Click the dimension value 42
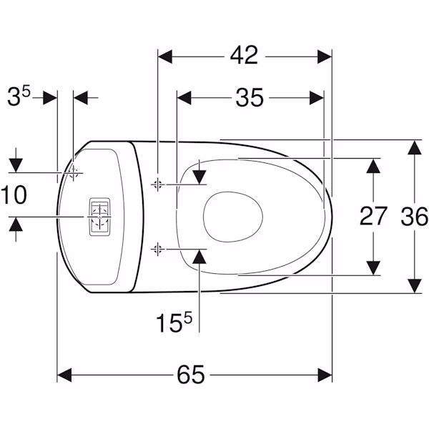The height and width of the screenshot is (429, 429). (244, 56)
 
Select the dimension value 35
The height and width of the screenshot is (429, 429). (250, 97)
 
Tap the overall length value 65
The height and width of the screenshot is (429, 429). (191, 375)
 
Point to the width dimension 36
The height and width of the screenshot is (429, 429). (415, 216)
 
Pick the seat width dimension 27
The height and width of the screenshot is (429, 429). (373, 216)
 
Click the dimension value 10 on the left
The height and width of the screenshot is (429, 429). (14, 194)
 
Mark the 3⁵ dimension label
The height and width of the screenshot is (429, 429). (19, 96)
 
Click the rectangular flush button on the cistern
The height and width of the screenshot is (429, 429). (100, 217)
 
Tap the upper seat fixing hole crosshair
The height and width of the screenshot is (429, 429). (157, 184)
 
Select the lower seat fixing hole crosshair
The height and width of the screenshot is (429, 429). (157, 250)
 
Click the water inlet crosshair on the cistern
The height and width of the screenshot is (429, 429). (73, 173)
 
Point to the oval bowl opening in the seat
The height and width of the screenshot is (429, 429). (233, 217)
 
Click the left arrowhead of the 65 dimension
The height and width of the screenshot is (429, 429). (64, 375)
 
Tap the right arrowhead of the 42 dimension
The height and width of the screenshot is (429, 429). (325, 56)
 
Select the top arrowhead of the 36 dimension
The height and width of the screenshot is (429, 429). (415, 147)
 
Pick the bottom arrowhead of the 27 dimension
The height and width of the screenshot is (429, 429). (373, 268)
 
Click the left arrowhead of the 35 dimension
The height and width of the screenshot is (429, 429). (184, 98)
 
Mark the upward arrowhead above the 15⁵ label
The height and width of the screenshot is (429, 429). (199, 257)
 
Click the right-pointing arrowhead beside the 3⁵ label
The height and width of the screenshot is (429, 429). (50, 98)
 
